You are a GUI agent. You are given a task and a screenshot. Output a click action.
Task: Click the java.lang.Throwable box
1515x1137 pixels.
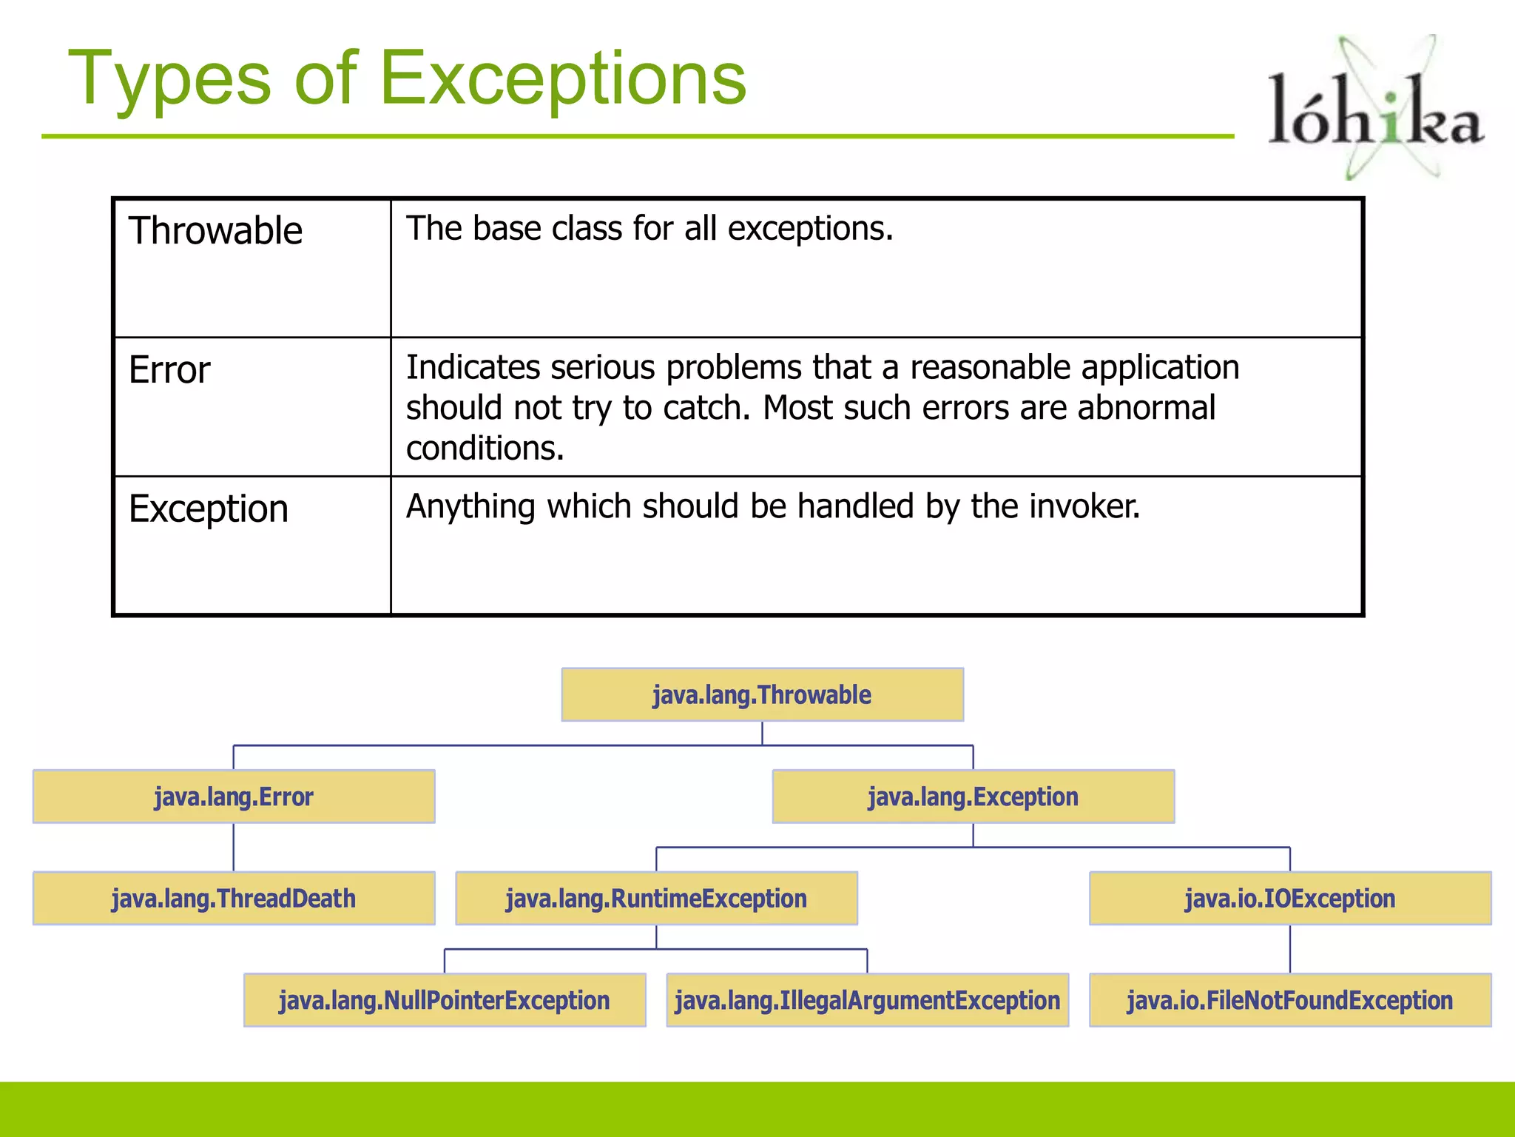[762, 695]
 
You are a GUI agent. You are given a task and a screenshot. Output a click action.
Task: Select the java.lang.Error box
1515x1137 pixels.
[234, 796]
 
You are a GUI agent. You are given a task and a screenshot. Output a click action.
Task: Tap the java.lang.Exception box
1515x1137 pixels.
[973, 796]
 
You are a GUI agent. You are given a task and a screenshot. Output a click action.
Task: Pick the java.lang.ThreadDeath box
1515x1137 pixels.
[234, 898]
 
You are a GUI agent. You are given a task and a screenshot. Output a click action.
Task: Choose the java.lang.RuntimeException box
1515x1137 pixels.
[656, 898]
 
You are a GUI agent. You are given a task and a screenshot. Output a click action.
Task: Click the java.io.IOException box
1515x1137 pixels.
[1289, 898]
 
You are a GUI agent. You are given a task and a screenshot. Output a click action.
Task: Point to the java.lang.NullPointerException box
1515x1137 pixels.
[445, 1000]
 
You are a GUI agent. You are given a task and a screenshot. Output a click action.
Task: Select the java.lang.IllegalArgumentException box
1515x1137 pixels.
[867, 1000]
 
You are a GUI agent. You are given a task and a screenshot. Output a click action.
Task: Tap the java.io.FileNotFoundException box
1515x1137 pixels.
[1289, 1000]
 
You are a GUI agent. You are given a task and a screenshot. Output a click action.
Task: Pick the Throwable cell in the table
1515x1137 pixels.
[215, 231]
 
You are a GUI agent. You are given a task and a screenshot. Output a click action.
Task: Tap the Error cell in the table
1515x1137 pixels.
[169, 370]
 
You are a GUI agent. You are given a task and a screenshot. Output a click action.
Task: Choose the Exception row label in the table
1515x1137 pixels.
[209, 509]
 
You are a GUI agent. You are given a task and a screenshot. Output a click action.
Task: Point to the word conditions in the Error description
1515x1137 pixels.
[485, 449]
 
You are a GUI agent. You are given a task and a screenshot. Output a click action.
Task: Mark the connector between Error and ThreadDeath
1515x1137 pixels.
[234, 847]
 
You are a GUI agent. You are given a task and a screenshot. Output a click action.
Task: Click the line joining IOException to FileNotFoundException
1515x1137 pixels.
[1290, 949]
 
